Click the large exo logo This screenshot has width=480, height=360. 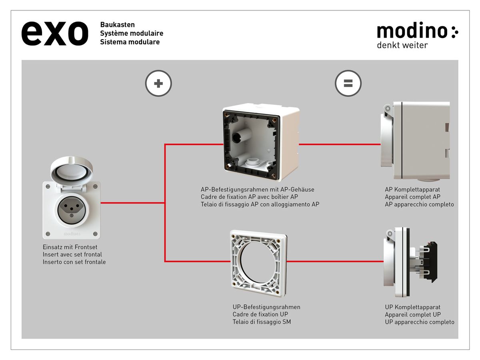pos(54,33)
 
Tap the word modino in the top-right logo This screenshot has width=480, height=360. pos(412,31)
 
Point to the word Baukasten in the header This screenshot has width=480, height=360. pos(117,25)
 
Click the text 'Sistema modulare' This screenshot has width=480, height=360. pos(130,42)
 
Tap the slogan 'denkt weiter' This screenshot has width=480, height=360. pos(402,45)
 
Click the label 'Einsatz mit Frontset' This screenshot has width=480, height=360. pos(70,247)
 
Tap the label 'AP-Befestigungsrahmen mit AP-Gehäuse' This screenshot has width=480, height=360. pos(257,190)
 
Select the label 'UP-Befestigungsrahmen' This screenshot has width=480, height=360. pos(266,307)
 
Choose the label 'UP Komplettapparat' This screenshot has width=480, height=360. pos(412,307)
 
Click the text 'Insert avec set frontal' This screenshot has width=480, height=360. pos(72,254)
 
